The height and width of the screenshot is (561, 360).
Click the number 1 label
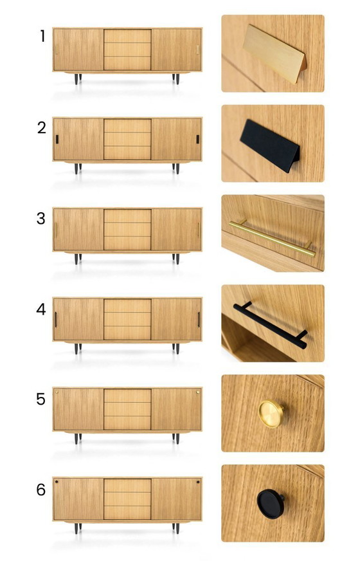pos(43,36)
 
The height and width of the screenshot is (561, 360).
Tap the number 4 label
pos(41,309)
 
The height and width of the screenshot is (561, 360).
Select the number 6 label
pos(41,490)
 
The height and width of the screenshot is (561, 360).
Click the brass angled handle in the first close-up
pos(274,53)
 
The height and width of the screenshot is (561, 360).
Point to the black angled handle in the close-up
pos(269,145)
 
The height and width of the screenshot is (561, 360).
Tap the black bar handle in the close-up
pos(270,325)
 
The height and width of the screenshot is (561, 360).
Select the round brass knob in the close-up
pos(271,414)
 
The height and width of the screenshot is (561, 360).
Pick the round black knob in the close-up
pos(271,504)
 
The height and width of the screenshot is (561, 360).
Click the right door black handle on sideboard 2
pos(198,139)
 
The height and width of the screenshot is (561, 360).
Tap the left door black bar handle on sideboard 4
pos(56,320)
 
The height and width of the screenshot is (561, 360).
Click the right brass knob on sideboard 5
pos(198,392)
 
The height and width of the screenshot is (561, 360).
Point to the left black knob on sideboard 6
pos(57,482)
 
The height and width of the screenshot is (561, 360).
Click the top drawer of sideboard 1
pos(127,36)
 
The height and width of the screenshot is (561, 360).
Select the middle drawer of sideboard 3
pos(127,230)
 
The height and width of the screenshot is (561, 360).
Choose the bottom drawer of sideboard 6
pos(127,513)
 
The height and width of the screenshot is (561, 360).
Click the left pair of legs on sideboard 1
pos(78,79)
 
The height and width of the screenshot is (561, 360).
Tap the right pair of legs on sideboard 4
pos(176,349)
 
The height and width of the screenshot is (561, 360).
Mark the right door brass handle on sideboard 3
pos(199,230)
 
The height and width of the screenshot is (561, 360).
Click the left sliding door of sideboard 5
pos(78,409)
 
